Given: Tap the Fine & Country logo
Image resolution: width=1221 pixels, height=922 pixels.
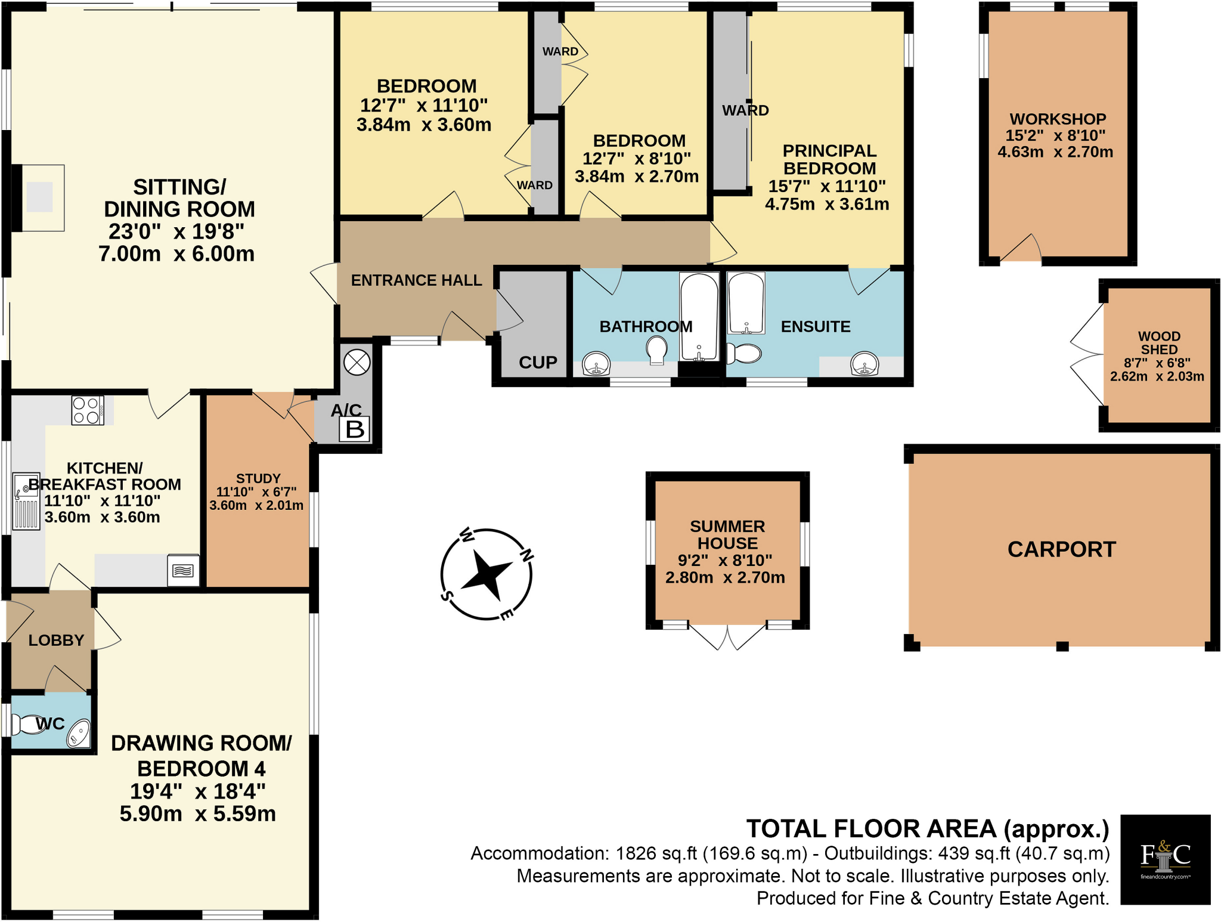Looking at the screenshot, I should (x=1165, y=859).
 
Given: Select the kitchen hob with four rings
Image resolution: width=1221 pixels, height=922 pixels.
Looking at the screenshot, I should (x=87, y=410).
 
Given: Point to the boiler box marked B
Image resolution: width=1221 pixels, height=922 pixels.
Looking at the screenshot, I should (x=355, y=429).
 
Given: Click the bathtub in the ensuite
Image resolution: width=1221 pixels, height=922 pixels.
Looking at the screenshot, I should (x=746, y=303).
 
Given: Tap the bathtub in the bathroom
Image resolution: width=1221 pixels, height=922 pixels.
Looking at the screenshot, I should (x=699, y=316).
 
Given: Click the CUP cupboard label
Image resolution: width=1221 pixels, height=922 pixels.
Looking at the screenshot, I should (x=538, y=363).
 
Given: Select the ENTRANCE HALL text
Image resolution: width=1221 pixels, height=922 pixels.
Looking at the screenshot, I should (x=416, y=280).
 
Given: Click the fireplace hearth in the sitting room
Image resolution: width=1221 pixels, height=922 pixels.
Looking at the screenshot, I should (x=40, y=197).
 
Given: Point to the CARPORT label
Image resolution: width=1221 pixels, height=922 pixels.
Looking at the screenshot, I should (x=1061, y=549).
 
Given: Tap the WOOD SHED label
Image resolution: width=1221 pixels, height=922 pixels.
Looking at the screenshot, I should (x=1159, y=343).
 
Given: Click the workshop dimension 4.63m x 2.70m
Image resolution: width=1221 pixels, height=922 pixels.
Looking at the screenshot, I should (x=1055, y=152).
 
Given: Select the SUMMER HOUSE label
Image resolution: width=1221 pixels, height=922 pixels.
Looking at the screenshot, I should (x=727, y=535).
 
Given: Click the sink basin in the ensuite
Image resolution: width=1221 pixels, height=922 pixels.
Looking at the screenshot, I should (x=864, y=364).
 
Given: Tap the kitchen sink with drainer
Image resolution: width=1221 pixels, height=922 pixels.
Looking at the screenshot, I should (x=26, y=501).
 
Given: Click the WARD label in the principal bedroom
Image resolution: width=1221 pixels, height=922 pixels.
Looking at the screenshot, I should (x=745, y=110).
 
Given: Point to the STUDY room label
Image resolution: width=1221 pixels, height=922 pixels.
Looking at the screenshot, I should (x=258, y=478).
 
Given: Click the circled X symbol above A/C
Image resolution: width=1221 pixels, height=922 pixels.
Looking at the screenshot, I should (x=357, y=362).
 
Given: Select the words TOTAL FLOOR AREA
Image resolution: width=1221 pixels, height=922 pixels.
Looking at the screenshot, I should (x=871, y=829).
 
